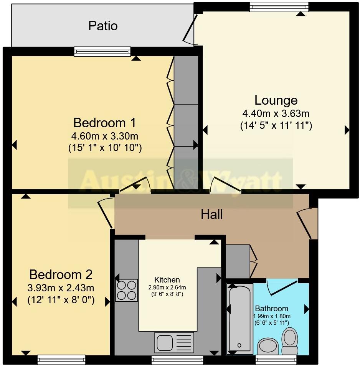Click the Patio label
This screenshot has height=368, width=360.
(103, 26)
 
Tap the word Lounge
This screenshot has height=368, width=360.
(276, 100)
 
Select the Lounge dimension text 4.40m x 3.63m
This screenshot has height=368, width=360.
(276, 113)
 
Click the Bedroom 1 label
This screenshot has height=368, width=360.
(104, 123)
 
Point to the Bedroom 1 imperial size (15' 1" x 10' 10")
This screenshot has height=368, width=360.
(105, 148)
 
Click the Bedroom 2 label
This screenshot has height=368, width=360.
(61, 275)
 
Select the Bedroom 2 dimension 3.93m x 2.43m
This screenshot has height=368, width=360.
(61, 287)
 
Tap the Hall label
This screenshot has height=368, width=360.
(212, 215)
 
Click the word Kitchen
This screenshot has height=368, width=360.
(167, 280)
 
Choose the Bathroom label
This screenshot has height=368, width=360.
(272, 309)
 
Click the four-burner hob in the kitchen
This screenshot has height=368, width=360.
(127, 291)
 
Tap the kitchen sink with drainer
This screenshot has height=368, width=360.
(174, 342)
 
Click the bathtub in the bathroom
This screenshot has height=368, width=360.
(239, 318)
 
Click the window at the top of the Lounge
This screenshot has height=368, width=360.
(279, 6)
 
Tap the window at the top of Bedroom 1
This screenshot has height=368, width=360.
(102, 51)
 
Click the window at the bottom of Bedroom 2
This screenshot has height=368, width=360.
(61, 360)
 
